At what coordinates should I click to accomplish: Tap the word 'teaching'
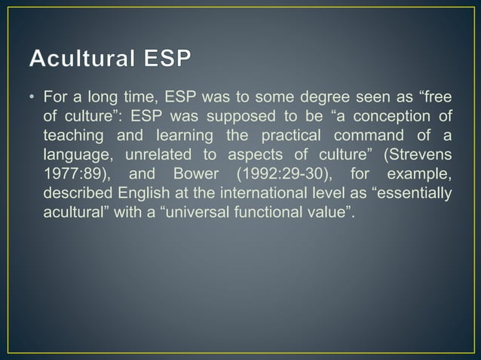click(x=72, y=136)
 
